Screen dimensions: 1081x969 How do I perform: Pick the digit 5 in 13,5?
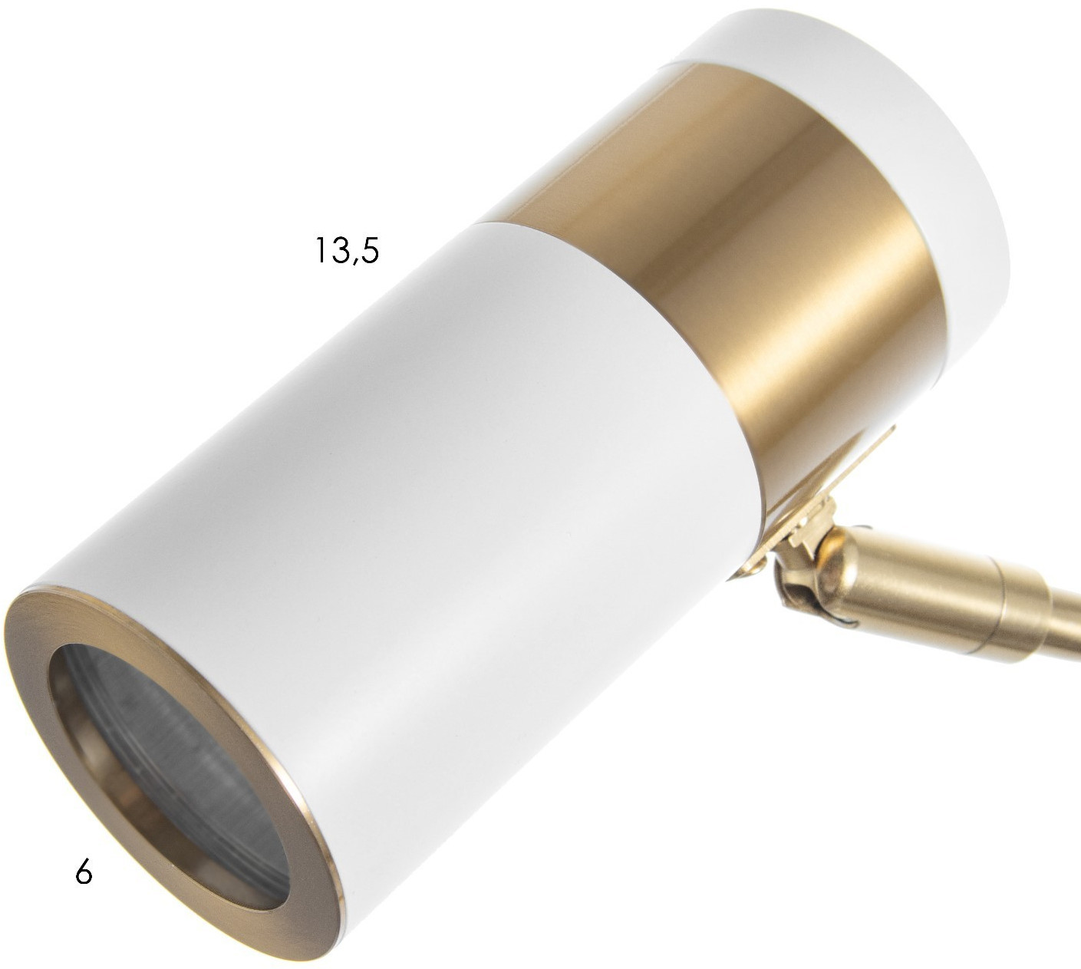click(370, 250)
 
